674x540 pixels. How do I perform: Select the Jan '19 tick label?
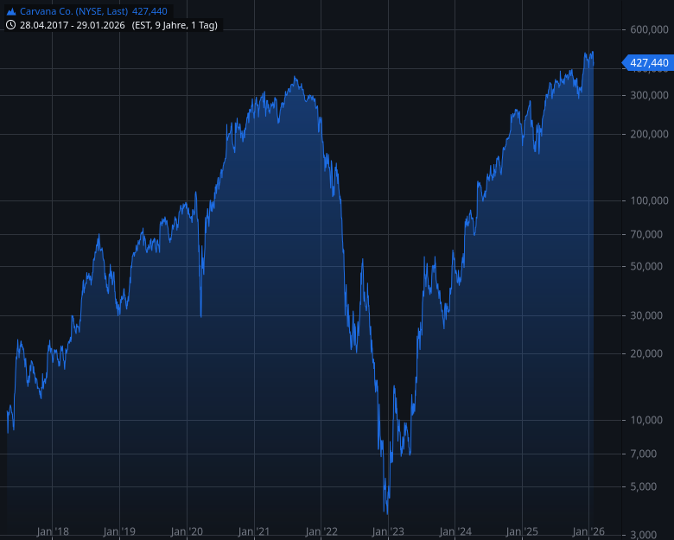[x=119, y=531]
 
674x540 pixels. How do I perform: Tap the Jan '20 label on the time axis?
[x=187, y=531]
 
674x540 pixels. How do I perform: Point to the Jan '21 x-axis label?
[x=254, y=531]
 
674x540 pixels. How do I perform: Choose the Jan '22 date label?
[x=321, y=531]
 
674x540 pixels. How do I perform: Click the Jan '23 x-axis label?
[x=388, y=531]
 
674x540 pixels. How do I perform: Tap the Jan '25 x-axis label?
[x=522, y=531]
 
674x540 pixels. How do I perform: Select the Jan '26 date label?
[x=588, y=531]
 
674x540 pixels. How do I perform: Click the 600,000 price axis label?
[x=648, y=29]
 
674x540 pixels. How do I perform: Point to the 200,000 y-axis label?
[x=648, y=134]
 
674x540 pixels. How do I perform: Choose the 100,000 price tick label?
[x=648, y=200]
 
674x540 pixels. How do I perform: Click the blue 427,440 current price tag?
[x=648, y=62]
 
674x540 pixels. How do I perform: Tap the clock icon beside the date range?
[x=11, y=25]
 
